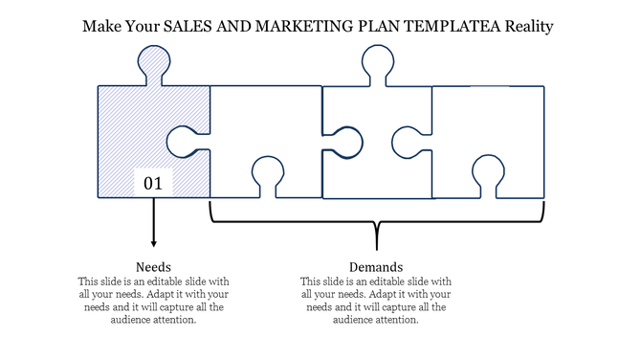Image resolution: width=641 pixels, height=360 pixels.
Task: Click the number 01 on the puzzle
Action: [x=153, y=182]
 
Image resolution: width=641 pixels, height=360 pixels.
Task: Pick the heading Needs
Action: [x=153, y=266]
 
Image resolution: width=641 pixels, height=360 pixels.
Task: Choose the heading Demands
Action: [x=376, y=266]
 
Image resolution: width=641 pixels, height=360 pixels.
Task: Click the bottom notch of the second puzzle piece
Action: [x=266, y=176]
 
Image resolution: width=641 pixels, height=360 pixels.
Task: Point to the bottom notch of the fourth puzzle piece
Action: [x=488, y=176]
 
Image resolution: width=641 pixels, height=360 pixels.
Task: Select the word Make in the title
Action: [x=100, y=27]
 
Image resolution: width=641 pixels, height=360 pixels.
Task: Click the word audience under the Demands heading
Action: [x=355, y=320]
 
